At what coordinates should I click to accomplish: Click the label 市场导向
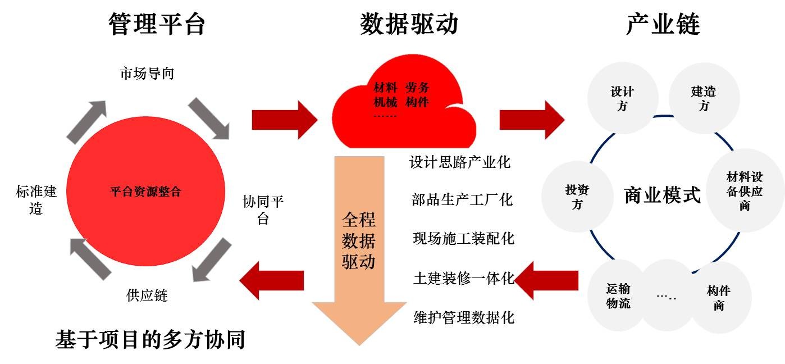(x=147, y=74)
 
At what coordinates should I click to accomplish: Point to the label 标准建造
(x=36, y=200)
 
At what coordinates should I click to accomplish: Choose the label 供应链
(x=147, y=295)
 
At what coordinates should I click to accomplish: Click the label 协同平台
(x=263, y=210)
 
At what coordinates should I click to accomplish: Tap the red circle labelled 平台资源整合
(x=145, y=192)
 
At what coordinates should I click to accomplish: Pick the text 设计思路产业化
(x=460, y=163)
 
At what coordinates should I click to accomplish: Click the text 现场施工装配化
(x=463, y=238)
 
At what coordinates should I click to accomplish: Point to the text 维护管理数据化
(x=464, y=317)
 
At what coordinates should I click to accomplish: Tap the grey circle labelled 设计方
(x=622, y=98)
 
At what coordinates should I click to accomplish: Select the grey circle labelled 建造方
(x=703, y=98)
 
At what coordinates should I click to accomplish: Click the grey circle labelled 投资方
(x=577, y=197)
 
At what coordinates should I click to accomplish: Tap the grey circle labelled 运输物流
(x=618, y=296)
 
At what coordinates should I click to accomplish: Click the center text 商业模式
(x=663, y=196)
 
